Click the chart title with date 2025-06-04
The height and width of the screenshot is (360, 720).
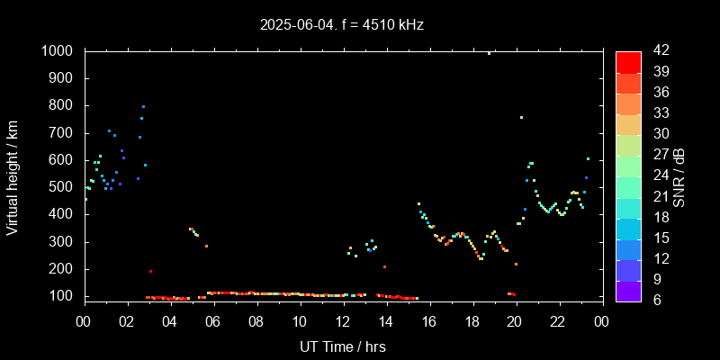[341, 24]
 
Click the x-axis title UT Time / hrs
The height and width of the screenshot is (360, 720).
[342, 346]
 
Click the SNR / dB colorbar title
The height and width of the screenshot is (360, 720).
[679, 175]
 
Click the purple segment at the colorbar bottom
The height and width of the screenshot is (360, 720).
[628, 291]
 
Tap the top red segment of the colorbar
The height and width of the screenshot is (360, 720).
[628, 61]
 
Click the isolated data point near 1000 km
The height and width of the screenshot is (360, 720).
[489, 53]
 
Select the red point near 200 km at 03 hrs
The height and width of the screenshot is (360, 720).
[150, 271]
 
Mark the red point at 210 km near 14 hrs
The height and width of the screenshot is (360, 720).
[384, 266]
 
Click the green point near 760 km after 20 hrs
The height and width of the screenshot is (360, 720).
[521, 117]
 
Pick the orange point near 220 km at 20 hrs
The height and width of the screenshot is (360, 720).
[516, 264]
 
